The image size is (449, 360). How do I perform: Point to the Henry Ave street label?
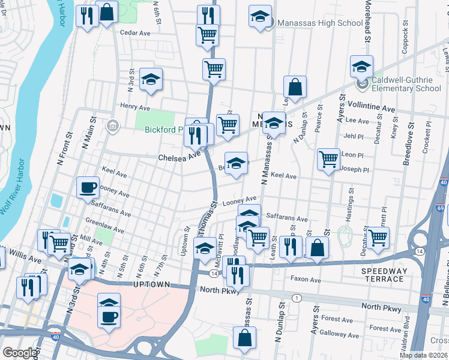134,107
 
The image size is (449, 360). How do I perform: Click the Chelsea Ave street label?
179,157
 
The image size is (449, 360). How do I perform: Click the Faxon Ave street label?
306,279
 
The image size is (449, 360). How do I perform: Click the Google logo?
19,353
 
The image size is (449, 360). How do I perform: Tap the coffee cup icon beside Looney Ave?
88,187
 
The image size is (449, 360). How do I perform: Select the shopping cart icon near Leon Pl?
328,160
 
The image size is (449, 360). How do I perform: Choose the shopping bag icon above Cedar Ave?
106,11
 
